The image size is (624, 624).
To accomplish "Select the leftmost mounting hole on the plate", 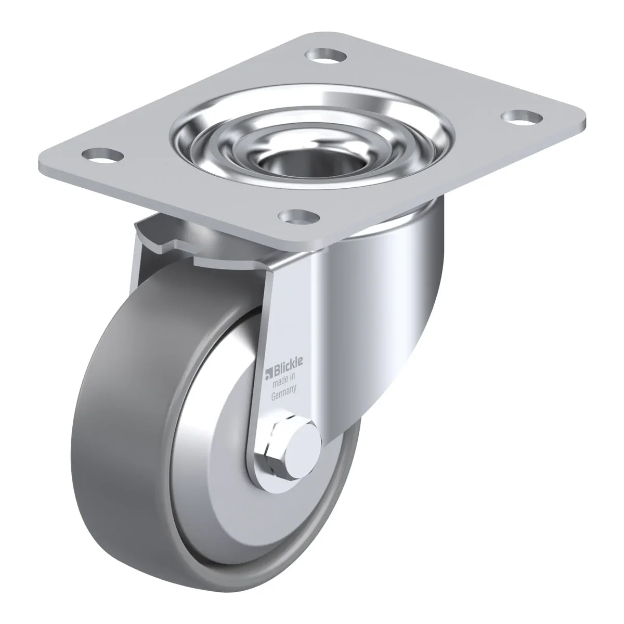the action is (103, 155).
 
